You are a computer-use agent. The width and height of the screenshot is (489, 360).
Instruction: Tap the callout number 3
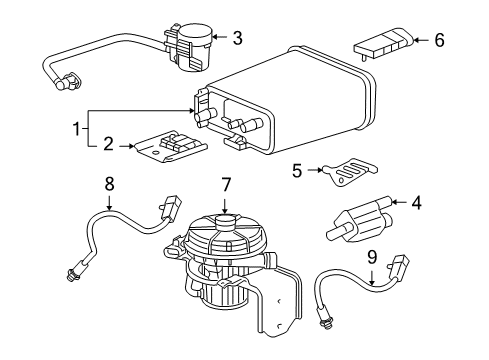(x=237, y=39)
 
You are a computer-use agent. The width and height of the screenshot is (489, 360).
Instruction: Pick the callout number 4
(x=416, y=203)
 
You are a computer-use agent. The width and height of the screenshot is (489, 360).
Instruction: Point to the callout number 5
(x=297, y=170)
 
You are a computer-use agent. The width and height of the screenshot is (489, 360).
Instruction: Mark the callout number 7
(x=227, y=211)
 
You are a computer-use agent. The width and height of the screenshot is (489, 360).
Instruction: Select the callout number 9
(x=371, y=256)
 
